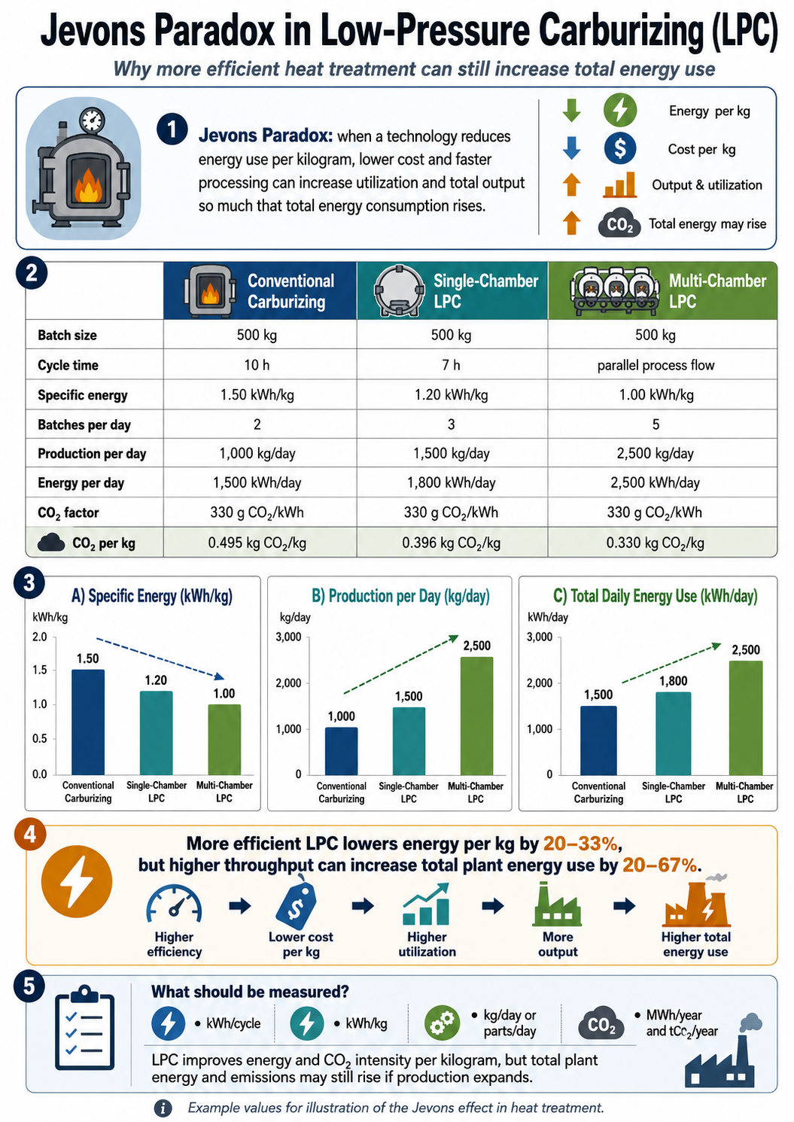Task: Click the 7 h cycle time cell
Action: (x=451, y=365)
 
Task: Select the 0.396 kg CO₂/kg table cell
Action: (x=451, y=543)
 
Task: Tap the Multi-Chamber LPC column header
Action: (x=662, y=290)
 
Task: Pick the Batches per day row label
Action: (x=84, y=424)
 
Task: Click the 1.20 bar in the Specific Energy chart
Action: (x=157, y=732)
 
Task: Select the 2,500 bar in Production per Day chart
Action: (x=476, y=716)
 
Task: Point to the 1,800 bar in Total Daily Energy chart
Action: (x=674, y=733)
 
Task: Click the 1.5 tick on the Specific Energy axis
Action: (x=40, y=670)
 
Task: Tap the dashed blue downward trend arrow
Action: (x=160, y=658)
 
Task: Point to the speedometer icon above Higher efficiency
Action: (x=174, y=905)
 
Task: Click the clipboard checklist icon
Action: (x=84, y=1028)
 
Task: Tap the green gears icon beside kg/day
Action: (x=442, y=1023)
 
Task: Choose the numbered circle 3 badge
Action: (x=29, y=583)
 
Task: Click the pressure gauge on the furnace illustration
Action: (x=93, y=120)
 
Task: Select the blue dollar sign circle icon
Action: (x=620, y=148)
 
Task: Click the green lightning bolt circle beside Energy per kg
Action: (x=620, y=110)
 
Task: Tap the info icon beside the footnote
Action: (x=163, y=1108)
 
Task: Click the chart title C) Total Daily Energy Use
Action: (x=655, y=596)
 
